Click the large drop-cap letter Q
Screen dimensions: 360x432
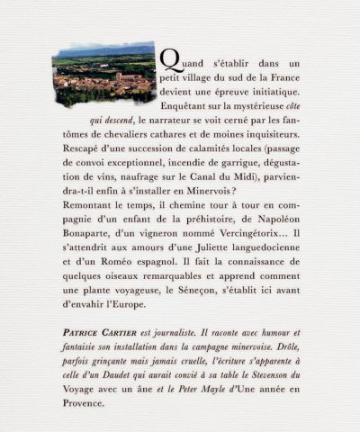(167, 58)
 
